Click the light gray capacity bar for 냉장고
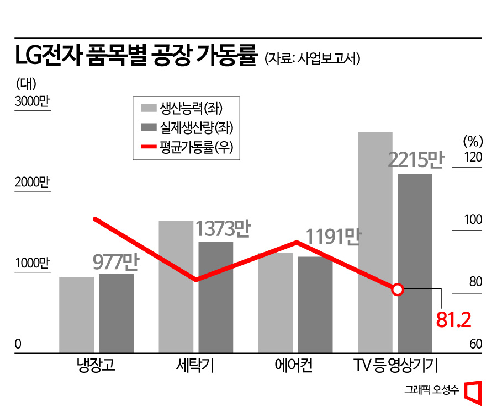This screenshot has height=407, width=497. pos(76,314)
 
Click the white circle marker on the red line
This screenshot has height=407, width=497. pos(398,290)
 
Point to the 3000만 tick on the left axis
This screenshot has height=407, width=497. pos(32,102)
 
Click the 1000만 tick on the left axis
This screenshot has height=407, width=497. pos(32,263)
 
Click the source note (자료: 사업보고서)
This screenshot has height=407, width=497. pos(313,58)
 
